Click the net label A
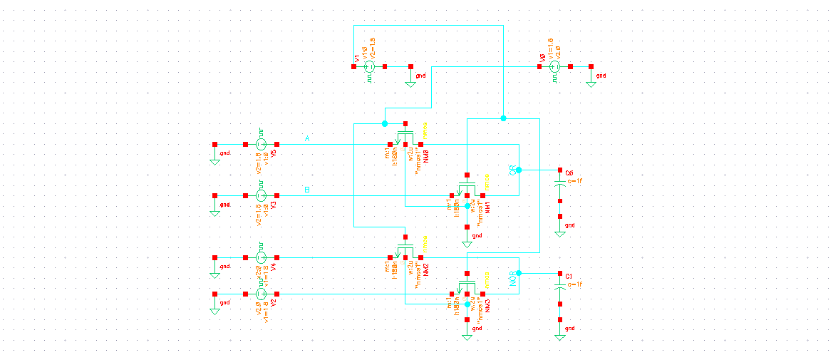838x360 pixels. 307,138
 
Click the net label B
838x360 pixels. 307,190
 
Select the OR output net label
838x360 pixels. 512,170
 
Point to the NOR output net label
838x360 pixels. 512,279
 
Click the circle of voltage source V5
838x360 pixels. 261,144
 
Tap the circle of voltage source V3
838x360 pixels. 261,195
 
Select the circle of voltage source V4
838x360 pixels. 261,257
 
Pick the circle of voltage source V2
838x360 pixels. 261,294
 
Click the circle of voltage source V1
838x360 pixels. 369,67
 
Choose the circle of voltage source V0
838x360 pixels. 555,67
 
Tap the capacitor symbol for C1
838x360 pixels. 560,287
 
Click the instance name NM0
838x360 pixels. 425,156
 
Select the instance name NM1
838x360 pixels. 488,208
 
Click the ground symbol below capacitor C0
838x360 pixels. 560,233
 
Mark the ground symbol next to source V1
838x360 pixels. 410,83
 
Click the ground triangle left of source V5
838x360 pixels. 214,160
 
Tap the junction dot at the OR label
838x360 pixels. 519,170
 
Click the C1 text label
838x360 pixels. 569,275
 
